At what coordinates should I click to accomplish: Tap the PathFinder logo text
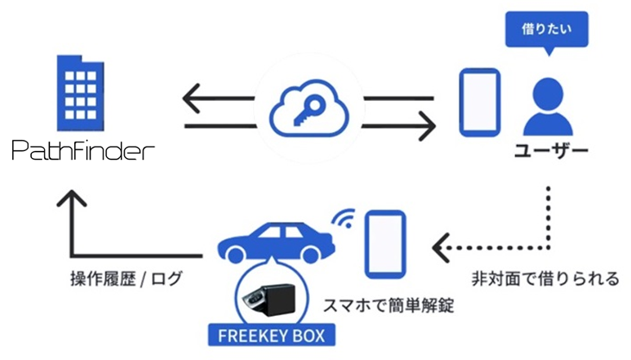[x=84, y=153]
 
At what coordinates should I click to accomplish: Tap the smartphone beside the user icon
[x=479, y=103]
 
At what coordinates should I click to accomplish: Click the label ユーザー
[x=551, y=153]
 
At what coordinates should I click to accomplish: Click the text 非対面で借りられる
[x=545, y=279]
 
